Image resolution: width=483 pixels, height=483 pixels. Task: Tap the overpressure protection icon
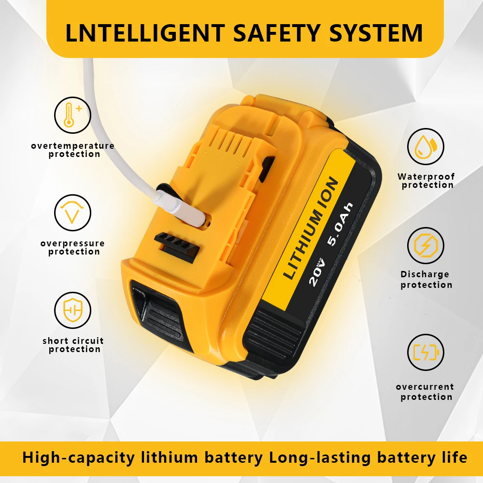pyautogui.click(x=72, y=213)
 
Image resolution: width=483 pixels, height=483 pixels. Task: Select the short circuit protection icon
pyautogui.click(x=72, y=310)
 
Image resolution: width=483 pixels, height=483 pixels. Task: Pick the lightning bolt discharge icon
pyautogui.click(x=426, y=245)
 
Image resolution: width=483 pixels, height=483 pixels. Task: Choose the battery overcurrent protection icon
pyautogui.click(x=426, y=353)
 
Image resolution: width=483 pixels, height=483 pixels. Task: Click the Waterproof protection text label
pyautogui.click(x=426, y=181)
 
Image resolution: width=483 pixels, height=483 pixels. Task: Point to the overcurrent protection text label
pyautogui.click(x=425, y=392)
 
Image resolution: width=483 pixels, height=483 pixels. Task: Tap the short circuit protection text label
pyautogui.click(x=73, y=345)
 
